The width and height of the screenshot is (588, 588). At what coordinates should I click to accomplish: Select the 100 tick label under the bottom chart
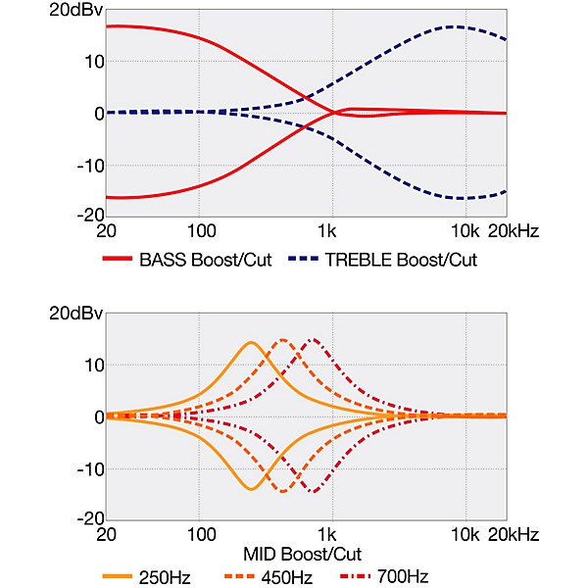point(200,535)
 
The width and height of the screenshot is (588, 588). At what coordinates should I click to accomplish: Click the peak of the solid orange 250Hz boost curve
point(251,342)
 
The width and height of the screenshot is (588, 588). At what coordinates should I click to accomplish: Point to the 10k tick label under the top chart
point(464,233)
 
